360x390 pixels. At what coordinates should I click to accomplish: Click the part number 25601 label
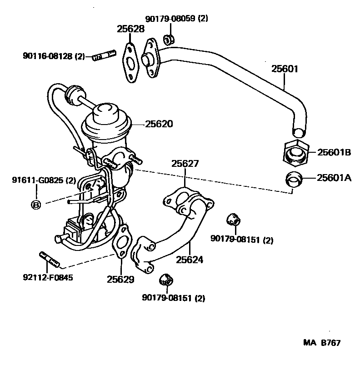(x=285, y=69)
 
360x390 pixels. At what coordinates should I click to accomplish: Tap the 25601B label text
(x=334, y=152)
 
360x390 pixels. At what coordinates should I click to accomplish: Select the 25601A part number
(x=334, y=178)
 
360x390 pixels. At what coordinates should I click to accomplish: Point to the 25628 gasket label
(x=130, y=29)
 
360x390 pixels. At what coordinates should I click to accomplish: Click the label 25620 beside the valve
(x=159, y=124)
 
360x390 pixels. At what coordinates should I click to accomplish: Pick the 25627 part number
(x=185, y=164)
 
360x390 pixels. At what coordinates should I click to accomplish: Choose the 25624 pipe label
(x=190, y=260)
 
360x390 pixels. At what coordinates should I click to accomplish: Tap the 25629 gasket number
(x=121, y=279)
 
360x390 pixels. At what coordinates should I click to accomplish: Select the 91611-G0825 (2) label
(x=44, y=180)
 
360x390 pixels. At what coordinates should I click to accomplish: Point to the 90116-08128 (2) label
(x=54, y=57)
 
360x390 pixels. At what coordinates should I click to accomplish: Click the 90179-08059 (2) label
(x=177, y=19)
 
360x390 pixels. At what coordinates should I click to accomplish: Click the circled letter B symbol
(x=35, y=205)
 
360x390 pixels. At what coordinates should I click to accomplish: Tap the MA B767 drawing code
(x=322, y=343)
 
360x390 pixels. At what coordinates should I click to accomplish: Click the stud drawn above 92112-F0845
(x=50, y=259)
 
